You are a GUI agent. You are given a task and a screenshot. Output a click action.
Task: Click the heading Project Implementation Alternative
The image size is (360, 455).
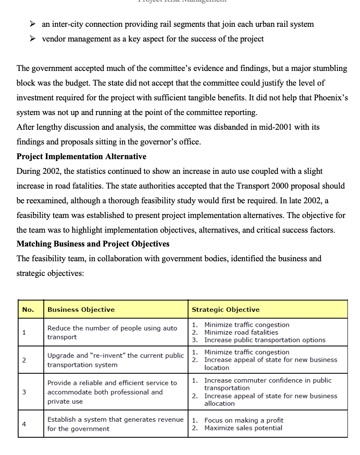click(x=81, y=157)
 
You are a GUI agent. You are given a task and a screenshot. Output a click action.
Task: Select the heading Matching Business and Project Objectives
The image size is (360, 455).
click(x=93, y=244)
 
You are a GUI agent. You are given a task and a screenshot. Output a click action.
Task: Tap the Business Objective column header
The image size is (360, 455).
click(x=81, y=310)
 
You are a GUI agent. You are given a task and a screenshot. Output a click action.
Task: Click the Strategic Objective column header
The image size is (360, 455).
click(x=225, y=310)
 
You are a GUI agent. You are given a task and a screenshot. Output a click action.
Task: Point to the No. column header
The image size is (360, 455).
click(x=28, y=310)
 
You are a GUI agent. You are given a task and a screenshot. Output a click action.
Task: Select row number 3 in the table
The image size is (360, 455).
click(x=24, y=392)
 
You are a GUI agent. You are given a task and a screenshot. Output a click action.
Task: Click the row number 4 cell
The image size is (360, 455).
click(x=24, y=424)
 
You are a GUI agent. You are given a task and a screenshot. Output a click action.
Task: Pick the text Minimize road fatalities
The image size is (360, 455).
click(x=241, y=333)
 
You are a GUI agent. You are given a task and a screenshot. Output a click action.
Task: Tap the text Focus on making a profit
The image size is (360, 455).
click(x=244, y=420)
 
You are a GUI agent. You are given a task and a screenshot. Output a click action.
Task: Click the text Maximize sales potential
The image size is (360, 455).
click(x=243, y=428)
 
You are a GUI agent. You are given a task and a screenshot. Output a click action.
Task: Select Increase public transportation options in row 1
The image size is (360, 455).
click(x=265, y=340)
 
